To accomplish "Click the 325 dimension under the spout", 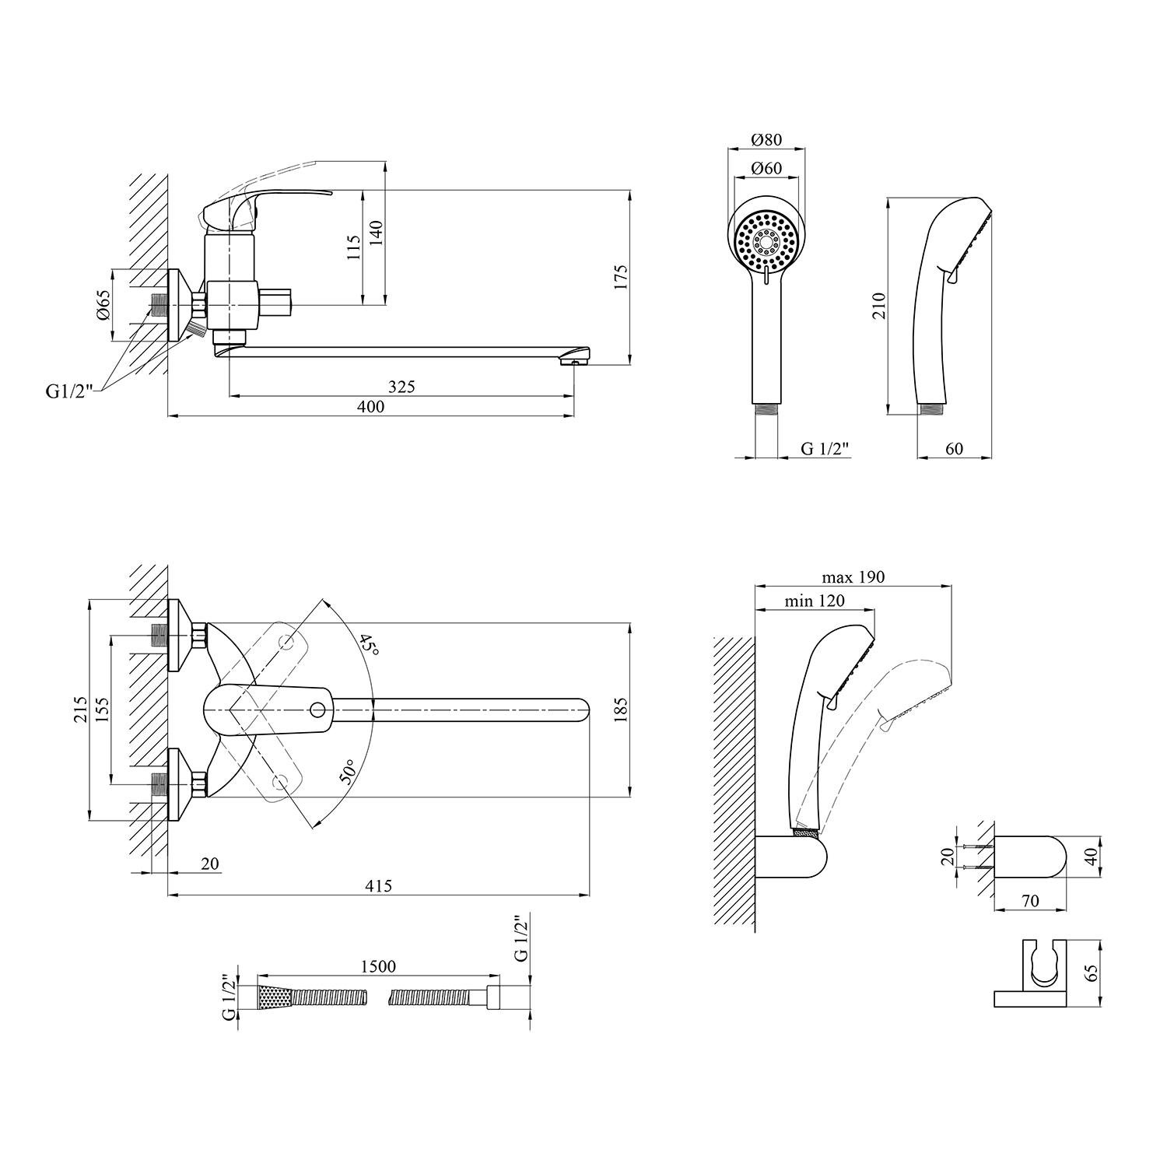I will [401, 386].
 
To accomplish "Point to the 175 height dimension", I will [620, 277].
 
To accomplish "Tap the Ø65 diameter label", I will [103, 304].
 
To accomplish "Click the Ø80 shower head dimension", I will [766, 140].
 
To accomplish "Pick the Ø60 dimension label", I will [766, 169].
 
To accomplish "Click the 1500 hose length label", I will [377, 966].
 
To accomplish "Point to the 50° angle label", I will [349, 773].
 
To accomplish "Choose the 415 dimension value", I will [378, 885].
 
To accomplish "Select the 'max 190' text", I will [853, 577].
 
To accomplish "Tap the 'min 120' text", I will [814, 601].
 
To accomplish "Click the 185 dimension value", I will [620, 710].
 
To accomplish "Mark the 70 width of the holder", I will [1029, 901].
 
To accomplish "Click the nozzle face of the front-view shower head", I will [766, 241].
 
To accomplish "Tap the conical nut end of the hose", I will [273, 997].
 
